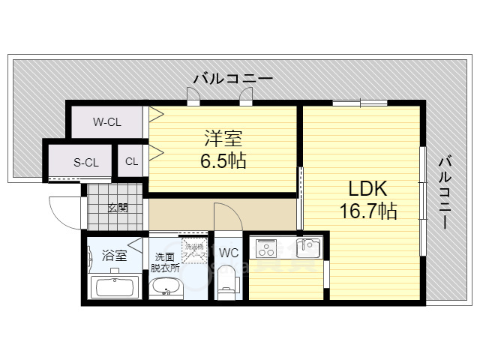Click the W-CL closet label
point(106,121)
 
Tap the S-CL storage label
point(85,161)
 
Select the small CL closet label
point(131,161)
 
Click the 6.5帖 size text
point(222,160)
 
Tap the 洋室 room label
point(223,139)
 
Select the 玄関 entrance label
point(117,208)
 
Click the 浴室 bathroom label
point(114,255)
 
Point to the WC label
point(229,253)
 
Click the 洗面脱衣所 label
point(164,261)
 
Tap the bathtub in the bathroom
point(113,287)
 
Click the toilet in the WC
point(227,282)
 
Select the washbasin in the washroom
point(164,287)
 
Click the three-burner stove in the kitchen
point(267,247)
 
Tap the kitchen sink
point(308,247)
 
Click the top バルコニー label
point(232,78)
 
